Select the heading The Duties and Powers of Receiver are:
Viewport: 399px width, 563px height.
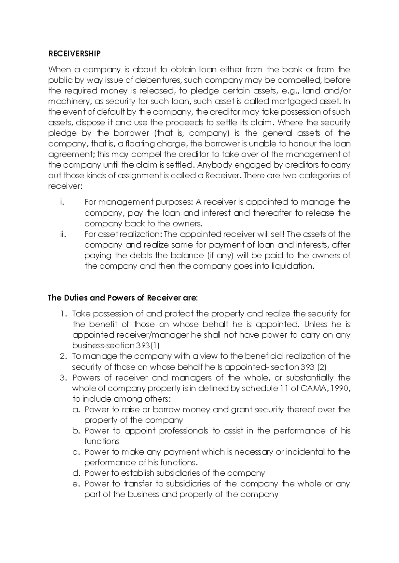[x=123, y=298]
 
